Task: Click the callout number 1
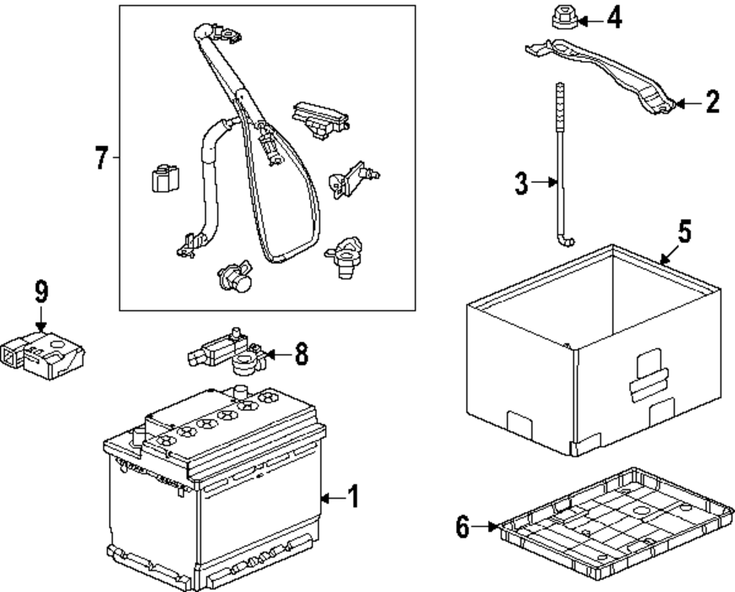pos(354,497)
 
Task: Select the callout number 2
pos(712,101)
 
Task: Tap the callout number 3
pos(521,183)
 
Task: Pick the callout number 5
pos(685,232)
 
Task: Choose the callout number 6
pos(462,527)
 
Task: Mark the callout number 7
pos(101,157)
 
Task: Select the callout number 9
pos(41,292)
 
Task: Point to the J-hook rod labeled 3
pos(562,165)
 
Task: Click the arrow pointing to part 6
pos(484,527)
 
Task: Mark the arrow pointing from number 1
pos(333,498)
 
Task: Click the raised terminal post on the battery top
pos(240,391)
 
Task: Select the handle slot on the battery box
pos(648,375)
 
